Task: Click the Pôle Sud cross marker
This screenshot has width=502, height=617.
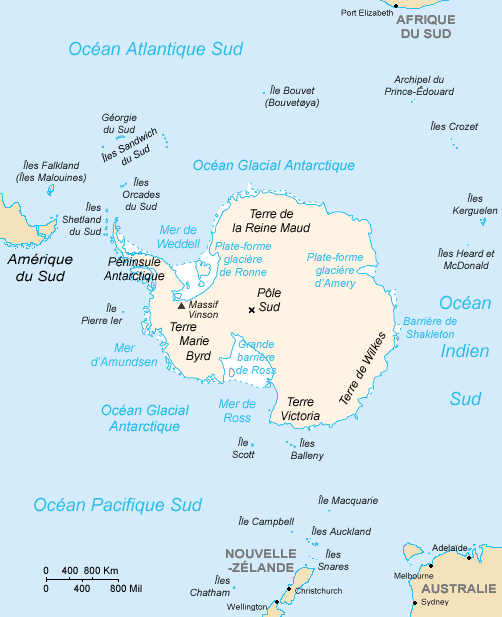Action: point(251,310)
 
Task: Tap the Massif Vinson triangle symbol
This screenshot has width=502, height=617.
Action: point(181,305)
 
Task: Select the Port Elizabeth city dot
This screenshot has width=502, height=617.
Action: point(395,5)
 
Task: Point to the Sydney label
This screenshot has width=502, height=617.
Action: point(435,603)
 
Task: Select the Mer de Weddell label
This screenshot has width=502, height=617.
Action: point(180,236)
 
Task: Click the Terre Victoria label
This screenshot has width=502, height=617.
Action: point(300,408)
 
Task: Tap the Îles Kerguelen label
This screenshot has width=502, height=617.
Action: point(475,205)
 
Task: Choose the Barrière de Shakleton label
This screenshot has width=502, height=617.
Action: point(430,327)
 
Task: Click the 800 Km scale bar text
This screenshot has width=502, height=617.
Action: point(100,571)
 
